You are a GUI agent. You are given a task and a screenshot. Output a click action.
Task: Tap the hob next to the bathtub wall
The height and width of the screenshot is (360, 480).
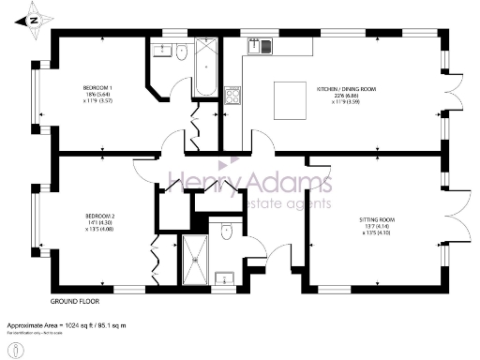pyautogui.click(x=232, y=94)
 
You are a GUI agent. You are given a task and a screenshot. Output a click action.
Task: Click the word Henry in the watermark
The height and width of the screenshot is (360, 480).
pyautogui.click(x=200, y=183)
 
